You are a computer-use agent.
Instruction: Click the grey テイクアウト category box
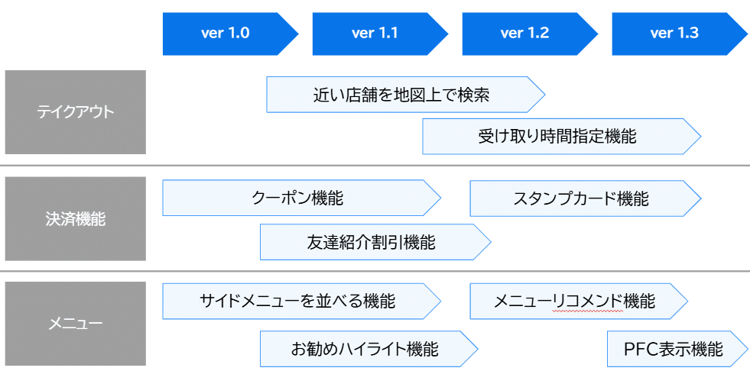click(75, 112)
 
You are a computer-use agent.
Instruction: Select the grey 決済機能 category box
click(75, 219)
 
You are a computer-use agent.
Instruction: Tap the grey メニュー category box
click(75, 324)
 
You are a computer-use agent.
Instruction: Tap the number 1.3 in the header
click(686, 34)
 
